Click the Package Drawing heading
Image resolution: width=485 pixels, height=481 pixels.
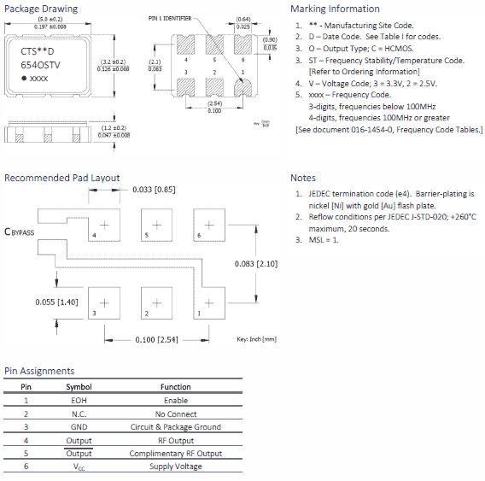(x=41, y=9)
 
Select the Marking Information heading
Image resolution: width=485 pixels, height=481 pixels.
(x=335, y=9)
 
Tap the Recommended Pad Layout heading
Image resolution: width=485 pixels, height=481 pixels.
(x=61, y=178)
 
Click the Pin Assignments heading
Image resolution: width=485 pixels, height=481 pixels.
(x=39, y=371)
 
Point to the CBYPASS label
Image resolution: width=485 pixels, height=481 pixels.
(x=20, y=231)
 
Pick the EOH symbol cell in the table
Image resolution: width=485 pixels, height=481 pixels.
(x=79, y=400)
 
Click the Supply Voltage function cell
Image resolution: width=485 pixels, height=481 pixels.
(x=176, y=466)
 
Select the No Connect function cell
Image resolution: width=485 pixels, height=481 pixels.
(x=176, y=414)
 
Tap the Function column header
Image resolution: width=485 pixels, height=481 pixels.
(x=176, y=386)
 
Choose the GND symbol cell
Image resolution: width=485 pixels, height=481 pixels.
(x=79, y=426)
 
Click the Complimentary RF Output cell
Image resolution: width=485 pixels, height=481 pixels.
(x=176, y=453)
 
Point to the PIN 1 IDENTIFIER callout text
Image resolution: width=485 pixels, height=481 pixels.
(x=169, y=17)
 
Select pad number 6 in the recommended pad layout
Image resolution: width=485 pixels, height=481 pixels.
(x=198, y=234)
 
